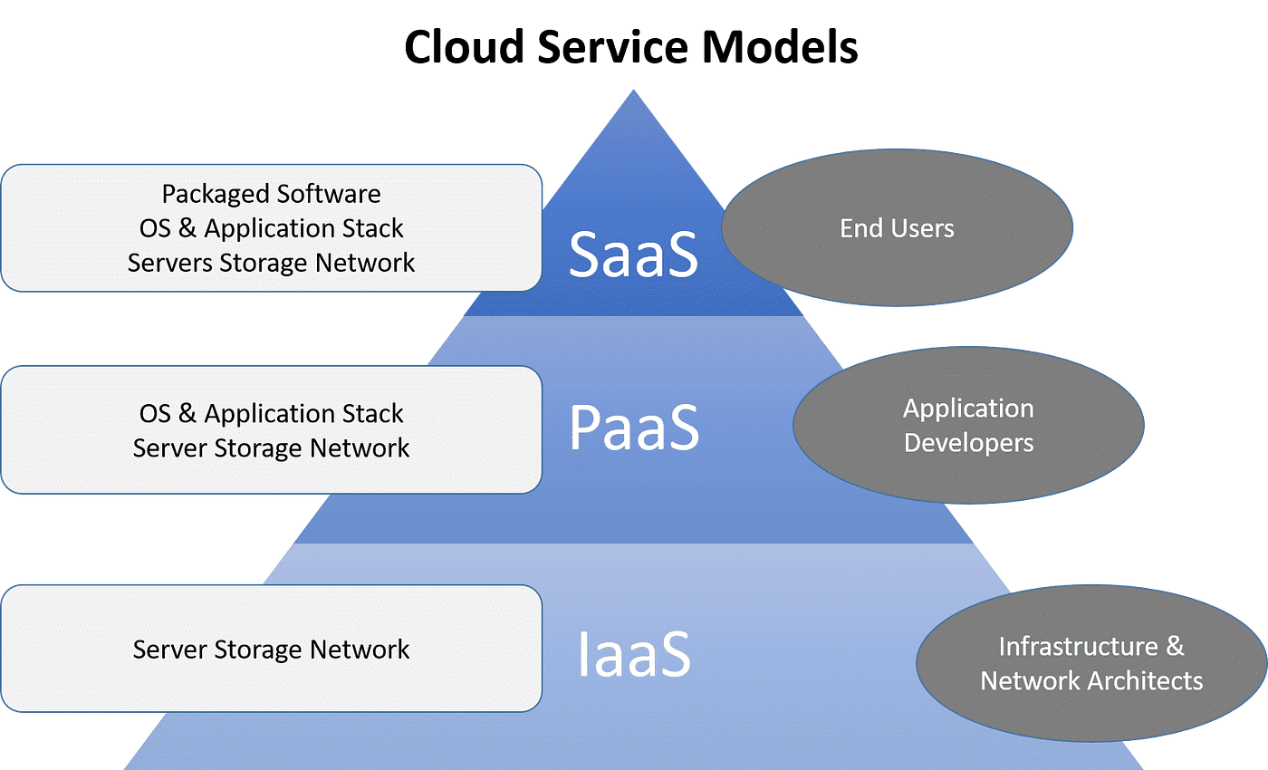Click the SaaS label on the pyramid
pos(633,255)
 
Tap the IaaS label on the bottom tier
pos(634,653)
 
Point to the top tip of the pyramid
pos(634,91)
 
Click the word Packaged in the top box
pos(216,195)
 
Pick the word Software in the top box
pos(328,195)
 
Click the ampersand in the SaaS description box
pos(187,229)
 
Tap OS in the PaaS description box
pos(155,414)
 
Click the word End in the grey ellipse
pos(859,228)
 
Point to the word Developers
pos(968,443)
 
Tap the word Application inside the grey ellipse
pos(968,409)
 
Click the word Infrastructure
pos(1078,647)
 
